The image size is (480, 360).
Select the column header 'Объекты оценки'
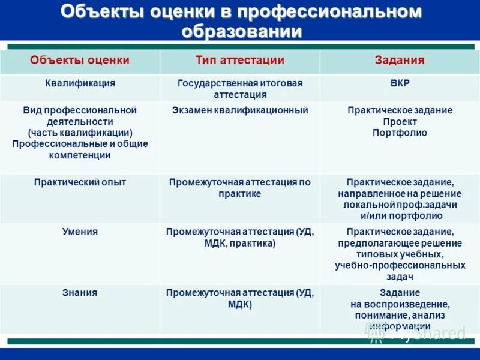[80, 61]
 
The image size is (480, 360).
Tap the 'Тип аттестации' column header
[239, 61]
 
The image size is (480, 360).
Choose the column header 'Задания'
[400, 61]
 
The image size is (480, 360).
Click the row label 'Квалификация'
[80, 83]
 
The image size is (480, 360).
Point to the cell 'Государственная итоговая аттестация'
[239, 89]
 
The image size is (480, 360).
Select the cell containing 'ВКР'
[400, 83]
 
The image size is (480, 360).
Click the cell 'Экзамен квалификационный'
[239, 110]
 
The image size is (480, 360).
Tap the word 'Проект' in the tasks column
[400, 122]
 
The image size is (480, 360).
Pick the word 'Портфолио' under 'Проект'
[400, 133]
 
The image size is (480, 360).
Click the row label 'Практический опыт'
[80, 182]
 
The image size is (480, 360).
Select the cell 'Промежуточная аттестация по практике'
[239, 188]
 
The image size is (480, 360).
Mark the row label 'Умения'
[80, 232]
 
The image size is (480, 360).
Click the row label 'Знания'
[80, 293]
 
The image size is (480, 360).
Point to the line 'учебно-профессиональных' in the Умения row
[400, 265]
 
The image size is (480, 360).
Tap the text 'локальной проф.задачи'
[400, 205]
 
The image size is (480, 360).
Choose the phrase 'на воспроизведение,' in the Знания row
[400, 304]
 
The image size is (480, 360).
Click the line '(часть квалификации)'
[80, 133]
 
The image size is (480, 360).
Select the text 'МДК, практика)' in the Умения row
[239, 244]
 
